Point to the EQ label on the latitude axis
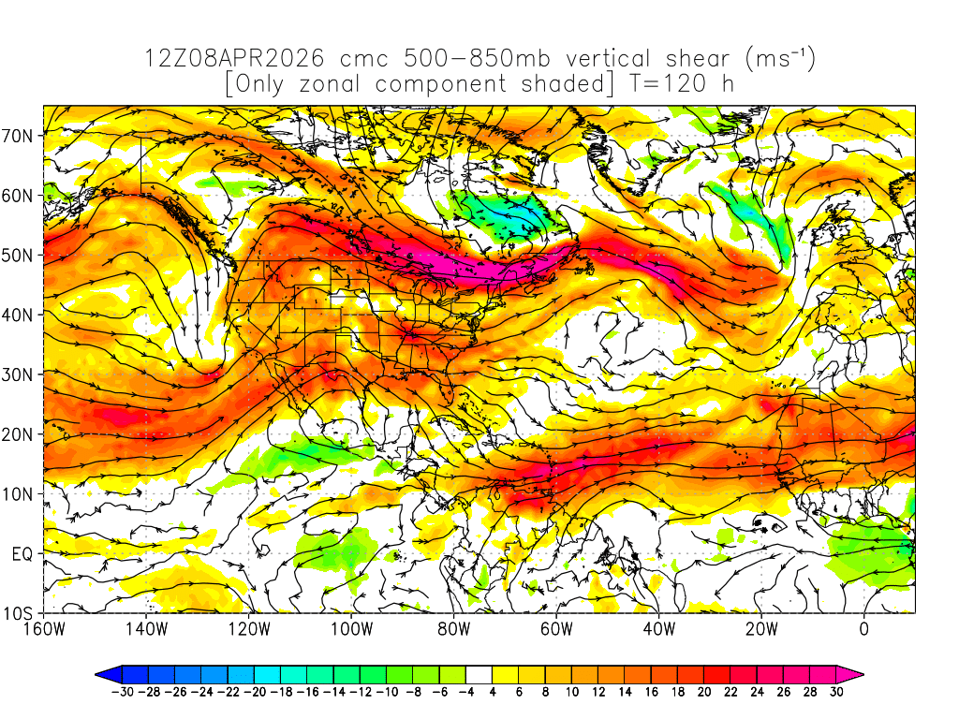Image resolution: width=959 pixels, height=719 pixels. (22, 554)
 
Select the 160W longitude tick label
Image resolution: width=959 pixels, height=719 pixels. (43, 629)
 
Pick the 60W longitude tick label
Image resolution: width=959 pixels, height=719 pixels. (556, 629)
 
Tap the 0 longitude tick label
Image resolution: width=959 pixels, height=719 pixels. (863, 629)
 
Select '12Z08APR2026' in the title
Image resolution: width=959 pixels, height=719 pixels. (235, 59)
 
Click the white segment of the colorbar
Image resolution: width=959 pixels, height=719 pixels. (479, 674)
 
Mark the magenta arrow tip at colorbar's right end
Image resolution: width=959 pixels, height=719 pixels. (856, 674)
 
